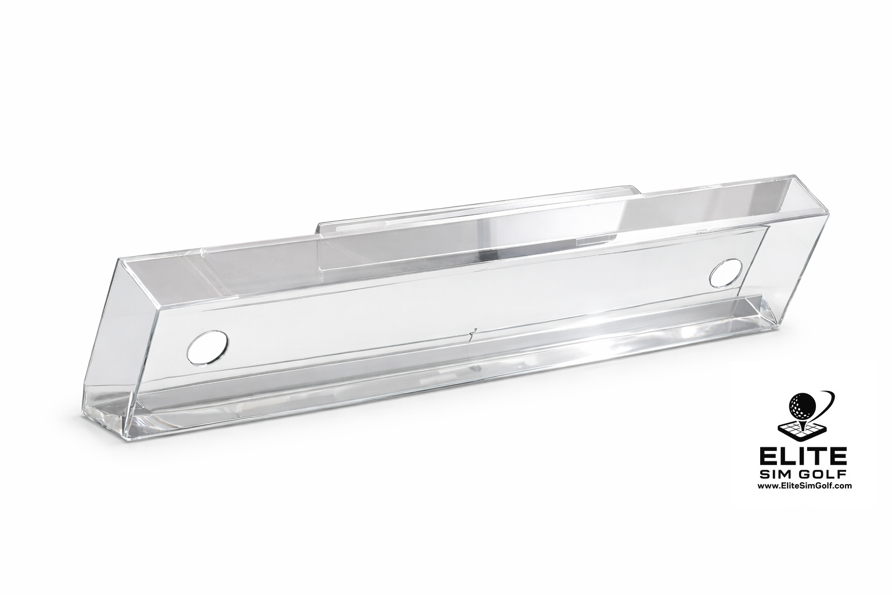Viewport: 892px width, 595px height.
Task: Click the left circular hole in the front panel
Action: coord(208,349)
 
